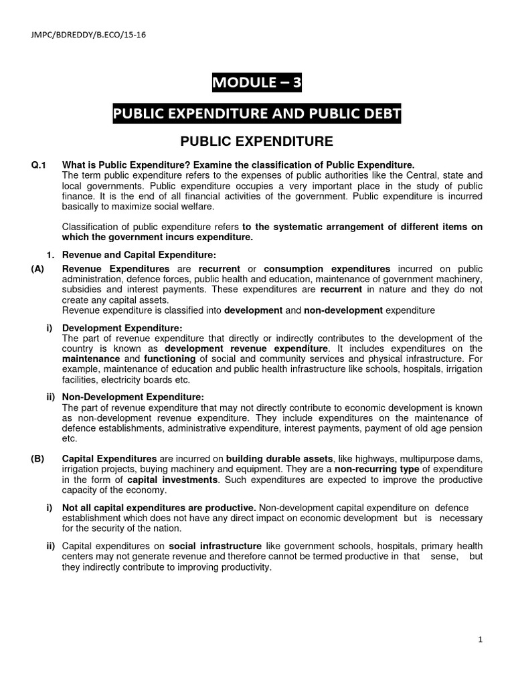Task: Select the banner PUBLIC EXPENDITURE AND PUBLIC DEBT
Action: pyautogui.click(x=256, y=114)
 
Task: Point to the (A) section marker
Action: pyautogui.click(x=38, y=268)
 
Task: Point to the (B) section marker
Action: pyautogui.click(x=38, y=458)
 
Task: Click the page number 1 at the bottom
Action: pyautogui.click(x=481, y=640)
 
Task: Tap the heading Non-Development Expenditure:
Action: pyautogui.click(x=133, y=397)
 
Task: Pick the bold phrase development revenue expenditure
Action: pyautogui.click(x=246, y=349)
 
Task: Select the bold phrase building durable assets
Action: pyautogui.click(x=280, y=458)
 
